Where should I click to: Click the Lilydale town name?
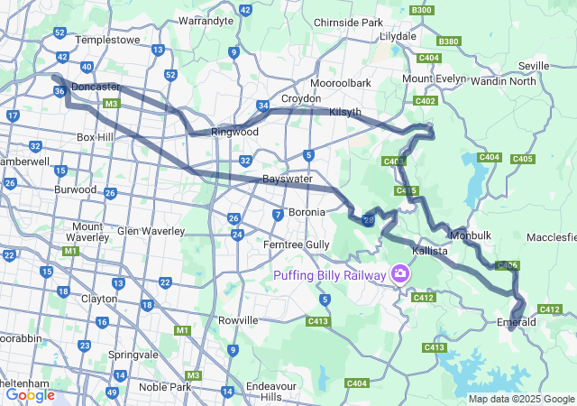tap(398, 36)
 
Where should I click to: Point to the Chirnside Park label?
tap(348, 22)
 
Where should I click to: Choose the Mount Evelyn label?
tap(434, 78)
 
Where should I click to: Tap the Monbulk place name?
tap(470, 235)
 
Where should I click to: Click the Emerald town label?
tap(517, 322)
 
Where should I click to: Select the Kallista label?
tap(429, 251)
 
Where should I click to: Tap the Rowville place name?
tap(238, 320)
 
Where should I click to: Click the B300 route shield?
tap(420, 9)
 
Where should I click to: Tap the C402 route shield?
tap(426, 101)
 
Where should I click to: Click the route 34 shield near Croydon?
tap(262, 106)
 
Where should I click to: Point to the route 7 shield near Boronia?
tap(278, 214)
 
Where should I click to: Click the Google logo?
tap(30, 395)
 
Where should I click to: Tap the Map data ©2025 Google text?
tap(520, 399)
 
